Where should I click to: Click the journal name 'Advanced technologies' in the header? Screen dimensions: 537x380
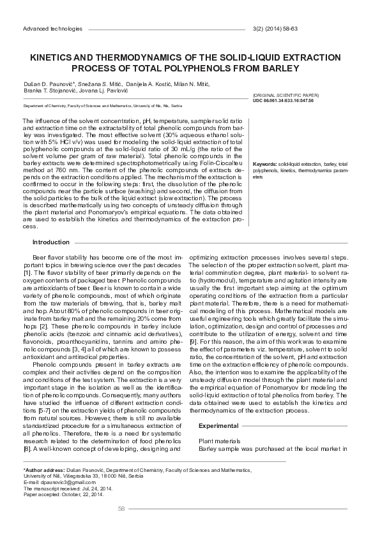tap(52, 29)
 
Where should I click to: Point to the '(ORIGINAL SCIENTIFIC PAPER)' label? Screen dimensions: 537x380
tap(283, 94)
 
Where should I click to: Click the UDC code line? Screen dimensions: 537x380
tap(283, 100)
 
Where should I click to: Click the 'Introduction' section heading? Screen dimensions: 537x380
tap(51, 242)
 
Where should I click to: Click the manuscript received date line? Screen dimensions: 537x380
tap(70, 488)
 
